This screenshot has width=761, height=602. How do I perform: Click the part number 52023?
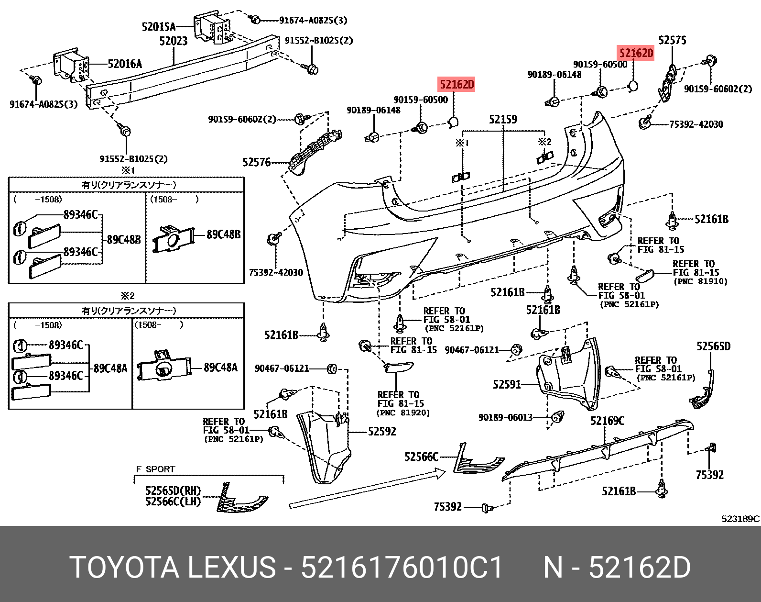173,42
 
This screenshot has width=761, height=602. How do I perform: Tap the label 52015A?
159,26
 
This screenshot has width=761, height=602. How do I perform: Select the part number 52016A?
125,64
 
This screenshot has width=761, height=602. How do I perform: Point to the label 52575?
672,40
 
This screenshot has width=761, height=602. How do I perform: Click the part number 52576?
256,163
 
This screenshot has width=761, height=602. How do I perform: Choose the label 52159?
503,119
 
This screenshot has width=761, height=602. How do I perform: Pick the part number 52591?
507,384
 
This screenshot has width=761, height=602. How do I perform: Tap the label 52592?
382,432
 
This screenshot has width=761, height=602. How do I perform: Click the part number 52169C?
607,421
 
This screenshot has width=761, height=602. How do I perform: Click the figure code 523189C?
740,519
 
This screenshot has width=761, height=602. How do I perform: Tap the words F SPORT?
155,469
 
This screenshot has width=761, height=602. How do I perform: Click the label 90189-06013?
505,417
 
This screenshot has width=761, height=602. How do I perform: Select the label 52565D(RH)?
173,491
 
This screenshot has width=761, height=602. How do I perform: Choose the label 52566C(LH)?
173,502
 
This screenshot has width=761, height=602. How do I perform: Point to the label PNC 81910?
700,281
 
